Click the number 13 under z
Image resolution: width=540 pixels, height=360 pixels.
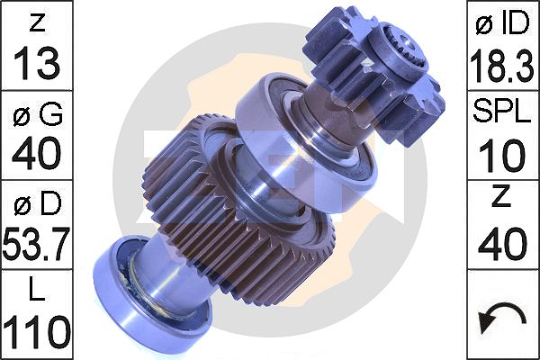[x=37, y=62]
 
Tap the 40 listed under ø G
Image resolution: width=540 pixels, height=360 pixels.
[x=37, y=154]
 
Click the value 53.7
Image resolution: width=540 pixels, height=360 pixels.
[x=37, y=243]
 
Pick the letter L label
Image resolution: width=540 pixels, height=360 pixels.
[x=37, y=291]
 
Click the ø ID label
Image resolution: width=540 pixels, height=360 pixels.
[x=502, y=22]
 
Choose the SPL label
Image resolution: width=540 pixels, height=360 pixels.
[x=502, y=112]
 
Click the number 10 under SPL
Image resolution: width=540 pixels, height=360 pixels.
[x=502, y=154]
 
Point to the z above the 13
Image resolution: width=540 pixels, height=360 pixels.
[x=37, y=22]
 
